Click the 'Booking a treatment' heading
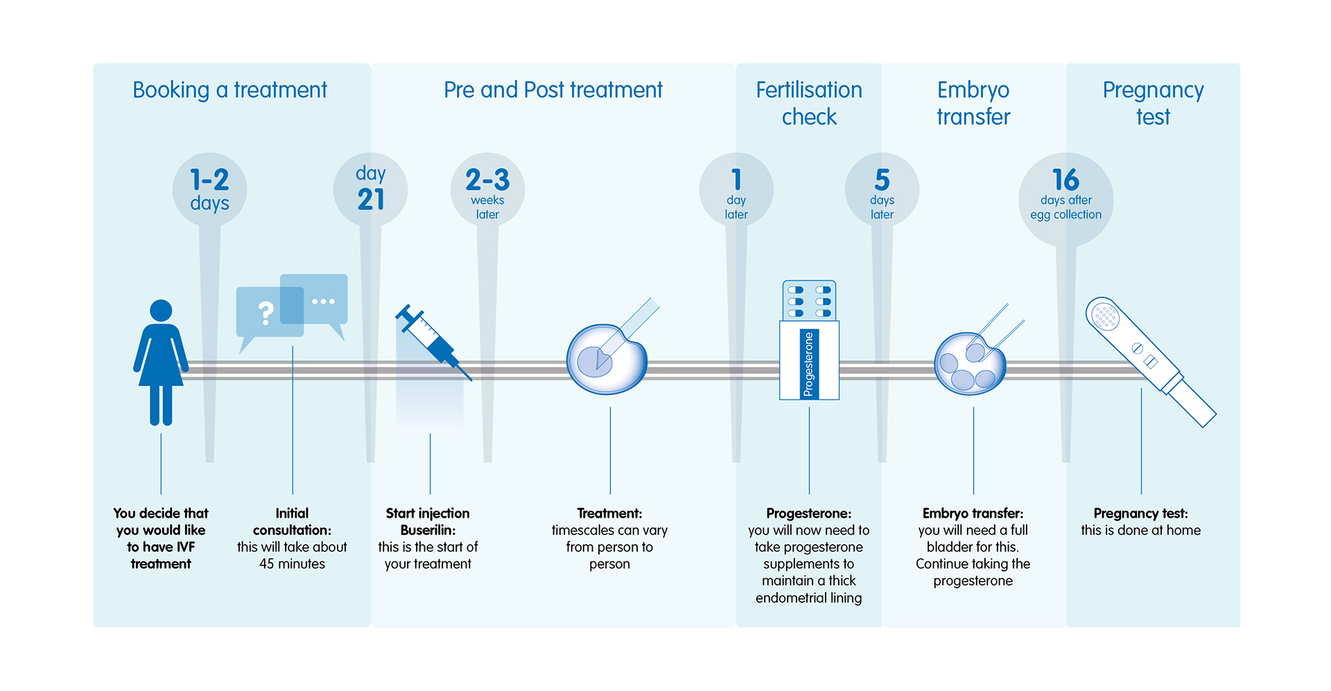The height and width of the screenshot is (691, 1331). [229, 90]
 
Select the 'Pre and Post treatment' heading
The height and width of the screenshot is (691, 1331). [553, 90]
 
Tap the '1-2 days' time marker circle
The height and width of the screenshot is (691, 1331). [209, 189]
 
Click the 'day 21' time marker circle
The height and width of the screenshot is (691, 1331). [370, 189]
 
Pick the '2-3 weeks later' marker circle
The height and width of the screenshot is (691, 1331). [487, 189]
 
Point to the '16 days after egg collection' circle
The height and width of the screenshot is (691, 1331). [1066, 200]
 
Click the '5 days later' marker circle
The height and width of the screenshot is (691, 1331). [882, 189]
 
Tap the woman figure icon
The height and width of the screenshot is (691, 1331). [161, 362]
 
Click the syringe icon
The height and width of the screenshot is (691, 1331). [433, 342]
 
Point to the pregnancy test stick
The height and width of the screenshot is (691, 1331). [1150, 361]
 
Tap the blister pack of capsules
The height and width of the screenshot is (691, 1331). [809, 301]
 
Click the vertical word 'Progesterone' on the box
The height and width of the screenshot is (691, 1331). [808, 364]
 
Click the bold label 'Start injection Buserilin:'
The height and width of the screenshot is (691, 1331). [428, 522]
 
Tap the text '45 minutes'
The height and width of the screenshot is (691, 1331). [292, 564]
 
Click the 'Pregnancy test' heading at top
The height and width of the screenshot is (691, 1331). [1153, 103]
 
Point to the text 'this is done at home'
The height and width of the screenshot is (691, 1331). [1140, 530]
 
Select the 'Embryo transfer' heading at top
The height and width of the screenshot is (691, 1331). [973, 103]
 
